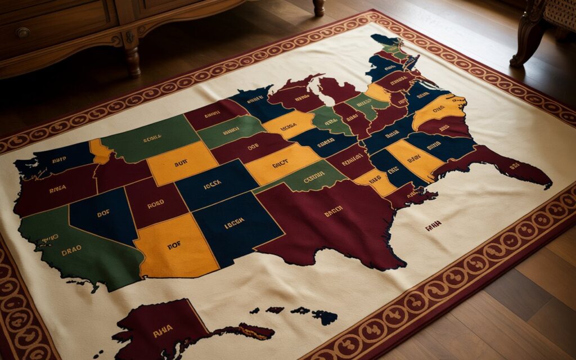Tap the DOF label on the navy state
[103, 214]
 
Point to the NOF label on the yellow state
[175, 245]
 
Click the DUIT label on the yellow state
[181, 163]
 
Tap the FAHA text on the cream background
[433, 226]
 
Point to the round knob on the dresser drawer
[22, 33]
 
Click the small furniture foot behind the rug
[319, 8]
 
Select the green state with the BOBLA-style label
[149, 138]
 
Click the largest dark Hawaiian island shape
[325, 317]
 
